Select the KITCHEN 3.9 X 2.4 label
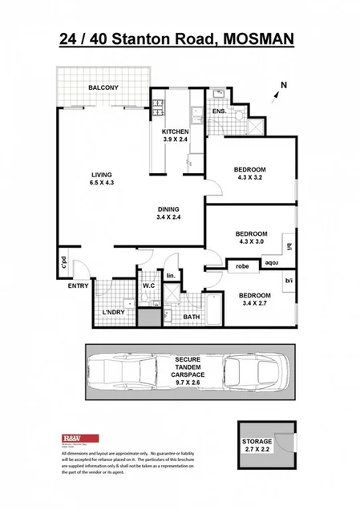[x=175, y=136]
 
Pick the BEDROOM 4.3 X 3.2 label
[x=250, y=174]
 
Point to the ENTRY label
[x=79, y=286]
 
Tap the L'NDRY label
[x=114, y=313]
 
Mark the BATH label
[x=191, y=318]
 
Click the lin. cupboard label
[x=170, y=277]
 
